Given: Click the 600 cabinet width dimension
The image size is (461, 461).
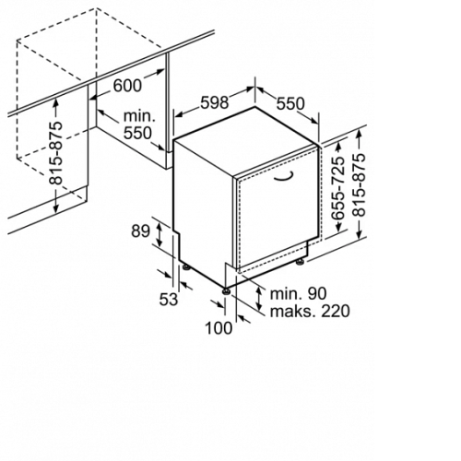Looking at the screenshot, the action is pyautogui.click(x=127, y=86).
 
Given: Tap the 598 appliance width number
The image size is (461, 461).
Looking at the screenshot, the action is pyautogui.click(x=215, y=102).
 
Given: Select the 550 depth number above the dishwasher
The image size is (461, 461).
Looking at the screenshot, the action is pyautogui.click(x=290, y=103).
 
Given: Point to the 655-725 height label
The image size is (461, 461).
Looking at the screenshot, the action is pyautogui.click(x=338, y=188).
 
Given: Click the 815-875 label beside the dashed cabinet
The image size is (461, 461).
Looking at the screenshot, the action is pyautogui.click(x=56, y=153).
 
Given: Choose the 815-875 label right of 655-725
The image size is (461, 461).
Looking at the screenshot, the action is pyautogui.click(x=360, y=184).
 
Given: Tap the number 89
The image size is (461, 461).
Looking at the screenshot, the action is pyautogui.click(x=140, y=231).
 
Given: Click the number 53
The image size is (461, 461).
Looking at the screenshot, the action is pyautogui.click(x=169, y=299).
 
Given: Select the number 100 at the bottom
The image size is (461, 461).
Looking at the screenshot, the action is pyautogui.click(x=219, y=327).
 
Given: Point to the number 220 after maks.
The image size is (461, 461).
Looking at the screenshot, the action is pyautogui.click(x=336, y=311).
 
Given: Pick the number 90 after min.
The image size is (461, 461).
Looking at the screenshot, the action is pyautogui.click(x=316, y=294).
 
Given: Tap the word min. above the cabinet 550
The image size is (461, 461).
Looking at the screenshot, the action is pyautogui.click(x=139, y=116).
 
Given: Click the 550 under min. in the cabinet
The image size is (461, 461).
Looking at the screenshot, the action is pyautogui.click(x=137, y=133).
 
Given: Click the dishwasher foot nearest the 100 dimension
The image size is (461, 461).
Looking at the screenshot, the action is pyautogui.click(x=227, y=290).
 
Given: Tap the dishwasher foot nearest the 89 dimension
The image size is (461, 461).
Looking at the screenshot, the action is pyautogui.click(x=186, y=266).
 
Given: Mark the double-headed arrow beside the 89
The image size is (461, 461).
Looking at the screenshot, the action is pyautogui.click(x=160, y=235).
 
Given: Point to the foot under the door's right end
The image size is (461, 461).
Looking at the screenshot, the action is pyautogui.click(x=300, y=262).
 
